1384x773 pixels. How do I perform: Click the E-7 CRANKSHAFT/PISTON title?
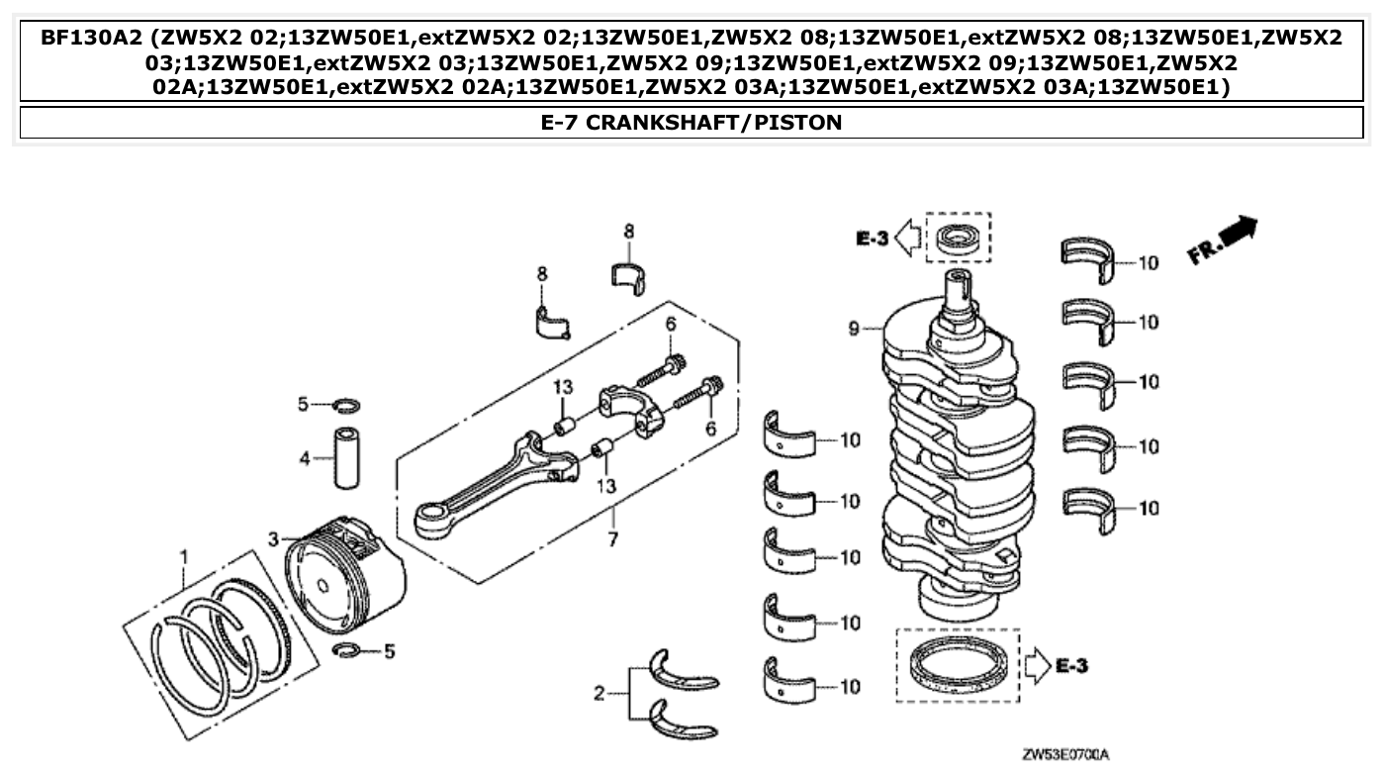tap(692, 123)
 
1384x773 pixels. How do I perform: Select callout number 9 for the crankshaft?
tap(853, 326)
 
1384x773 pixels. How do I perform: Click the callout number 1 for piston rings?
tap(182, 555)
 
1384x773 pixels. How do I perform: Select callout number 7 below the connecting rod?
tap(612, 539)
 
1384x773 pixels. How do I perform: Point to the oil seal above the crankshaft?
tap(957, 239)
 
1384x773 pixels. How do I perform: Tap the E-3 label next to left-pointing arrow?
tap(872, 238)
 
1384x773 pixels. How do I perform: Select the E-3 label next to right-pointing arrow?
tap(1071, 666)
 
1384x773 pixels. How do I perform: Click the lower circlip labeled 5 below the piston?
tap(347, 649)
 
